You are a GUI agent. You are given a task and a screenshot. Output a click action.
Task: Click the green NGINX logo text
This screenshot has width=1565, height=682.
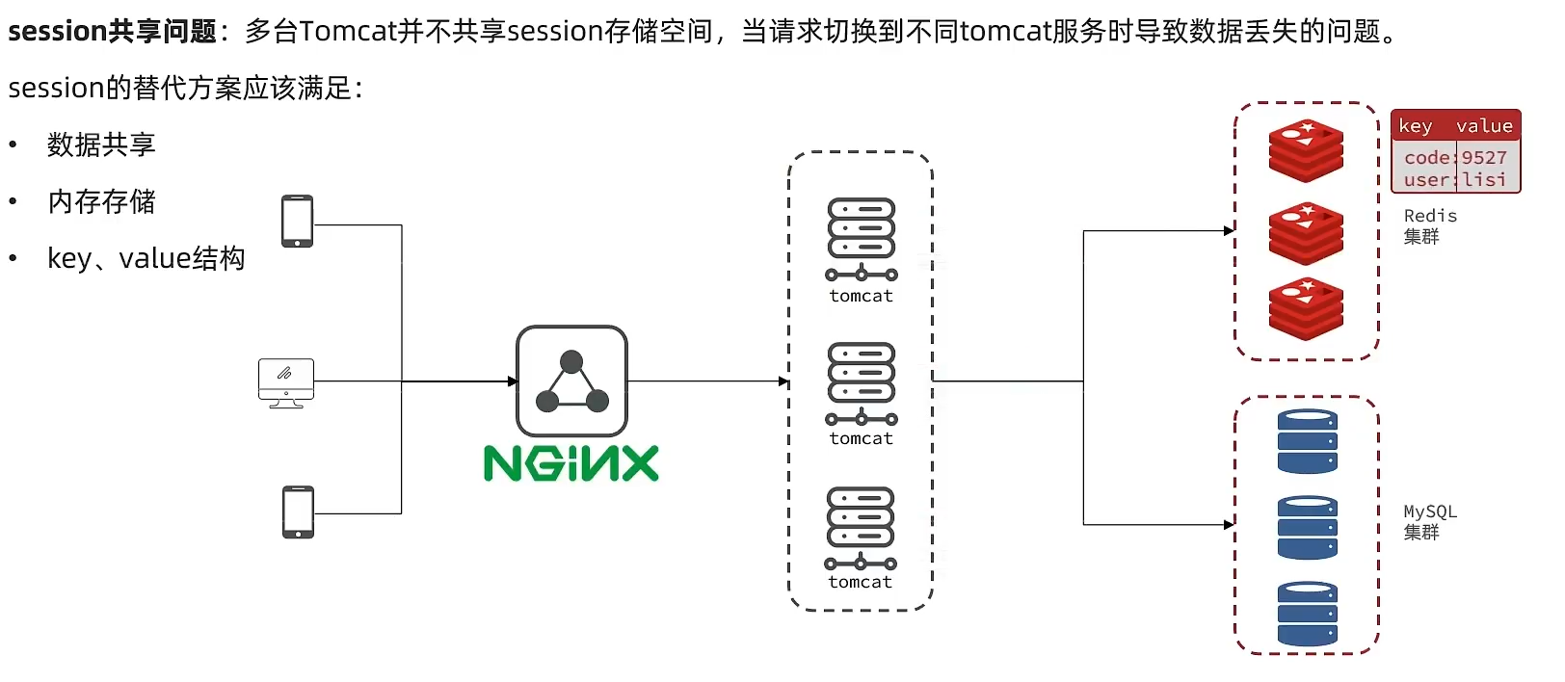(570, 463)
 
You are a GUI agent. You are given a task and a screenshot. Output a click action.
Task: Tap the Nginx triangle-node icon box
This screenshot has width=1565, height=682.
(571, 381)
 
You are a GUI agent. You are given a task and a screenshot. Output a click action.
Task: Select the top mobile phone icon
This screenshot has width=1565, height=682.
(297, 221)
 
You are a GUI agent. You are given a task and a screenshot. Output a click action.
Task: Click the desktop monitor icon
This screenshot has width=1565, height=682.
(286, 382)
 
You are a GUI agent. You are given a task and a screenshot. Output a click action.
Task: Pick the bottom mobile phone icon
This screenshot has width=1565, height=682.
(298, 511)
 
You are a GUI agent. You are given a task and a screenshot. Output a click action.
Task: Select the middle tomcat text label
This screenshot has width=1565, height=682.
(862, 438)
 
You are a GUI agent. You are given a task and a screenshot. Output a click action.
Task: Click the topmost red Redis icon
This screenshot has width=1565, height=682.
(1306, 150)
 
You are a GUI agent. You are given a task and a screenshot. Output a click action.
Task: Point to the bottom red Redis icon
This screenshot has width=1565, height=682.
(1306, 309)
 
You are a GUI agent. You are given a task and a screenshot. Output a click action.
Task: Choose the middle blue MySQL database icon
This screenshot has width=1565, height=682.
(1307, 527)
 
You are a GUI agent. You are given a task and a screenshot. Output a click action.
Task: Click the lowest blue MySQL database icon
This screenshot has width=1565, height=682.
(1307, 613)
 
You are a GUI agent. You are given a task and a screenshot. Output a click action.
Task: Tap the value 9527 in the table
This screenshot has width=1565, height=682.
(1484, 157)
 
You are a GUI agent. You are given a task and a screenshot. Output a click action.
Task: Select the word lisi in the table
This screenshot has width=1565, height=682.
(1484, 180)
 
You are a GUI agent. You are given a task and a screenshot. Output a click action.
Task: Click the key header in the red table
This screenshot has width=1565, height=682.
(1415, 126)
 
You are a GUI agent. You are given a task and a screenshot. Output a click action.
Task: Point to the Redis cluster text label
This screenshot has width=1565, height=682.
(1429, 225)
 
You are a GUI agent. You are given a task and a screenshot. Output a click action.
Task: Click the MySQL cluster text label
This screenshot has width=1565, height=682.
(1429, 521)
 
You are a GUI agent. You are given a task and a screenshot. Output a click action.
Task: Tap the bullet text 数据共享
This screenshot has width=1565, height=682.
(101, 144)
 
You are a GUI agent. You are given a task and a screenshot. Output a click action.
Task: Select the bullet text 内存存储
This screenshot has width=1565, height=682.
(101, 201)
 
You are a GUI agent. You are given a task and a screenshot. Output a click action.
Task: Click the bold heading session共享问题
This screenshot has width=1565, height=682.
(112, 31)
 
